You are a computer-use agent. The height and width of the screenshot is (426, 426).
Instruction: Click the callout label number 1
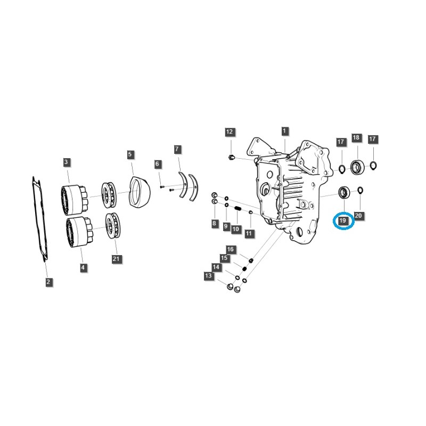coord(284,131)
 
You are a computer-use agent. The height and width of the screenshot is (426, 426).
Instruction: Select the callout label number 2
coord(48,282)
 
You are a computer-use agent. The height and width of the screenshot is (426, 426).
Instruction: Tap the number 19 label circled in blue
coord(343,220)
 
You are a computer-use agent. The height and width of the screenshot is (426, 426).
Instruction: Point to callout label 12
coord(230,132)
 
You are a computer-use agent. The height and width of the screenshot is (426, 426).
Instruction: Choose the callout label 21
coord(117,259)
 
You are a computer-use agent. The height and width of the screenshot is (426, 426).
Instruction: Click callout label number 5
coord(130,154)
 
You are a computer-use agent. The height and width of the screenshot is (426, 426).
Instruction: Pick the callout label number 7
coord(177,149)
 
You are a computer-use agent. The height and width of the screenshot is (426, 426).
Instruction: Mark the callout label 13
coord(208,276)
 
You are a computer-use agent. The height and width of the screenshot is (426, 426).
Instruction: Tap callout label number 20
coord(358,216)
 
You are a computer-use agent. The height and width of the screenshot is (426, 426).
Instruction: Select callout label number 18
coord(356,138)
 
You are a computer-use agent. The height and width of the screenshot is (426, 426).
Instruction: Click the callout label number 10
coord(235,228)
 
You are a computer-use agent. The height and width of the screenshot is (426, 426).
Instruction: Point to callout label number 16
coord(230,249)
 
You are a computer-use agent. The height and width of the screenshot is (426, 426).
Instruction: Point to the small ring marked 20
coord(360,190)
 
